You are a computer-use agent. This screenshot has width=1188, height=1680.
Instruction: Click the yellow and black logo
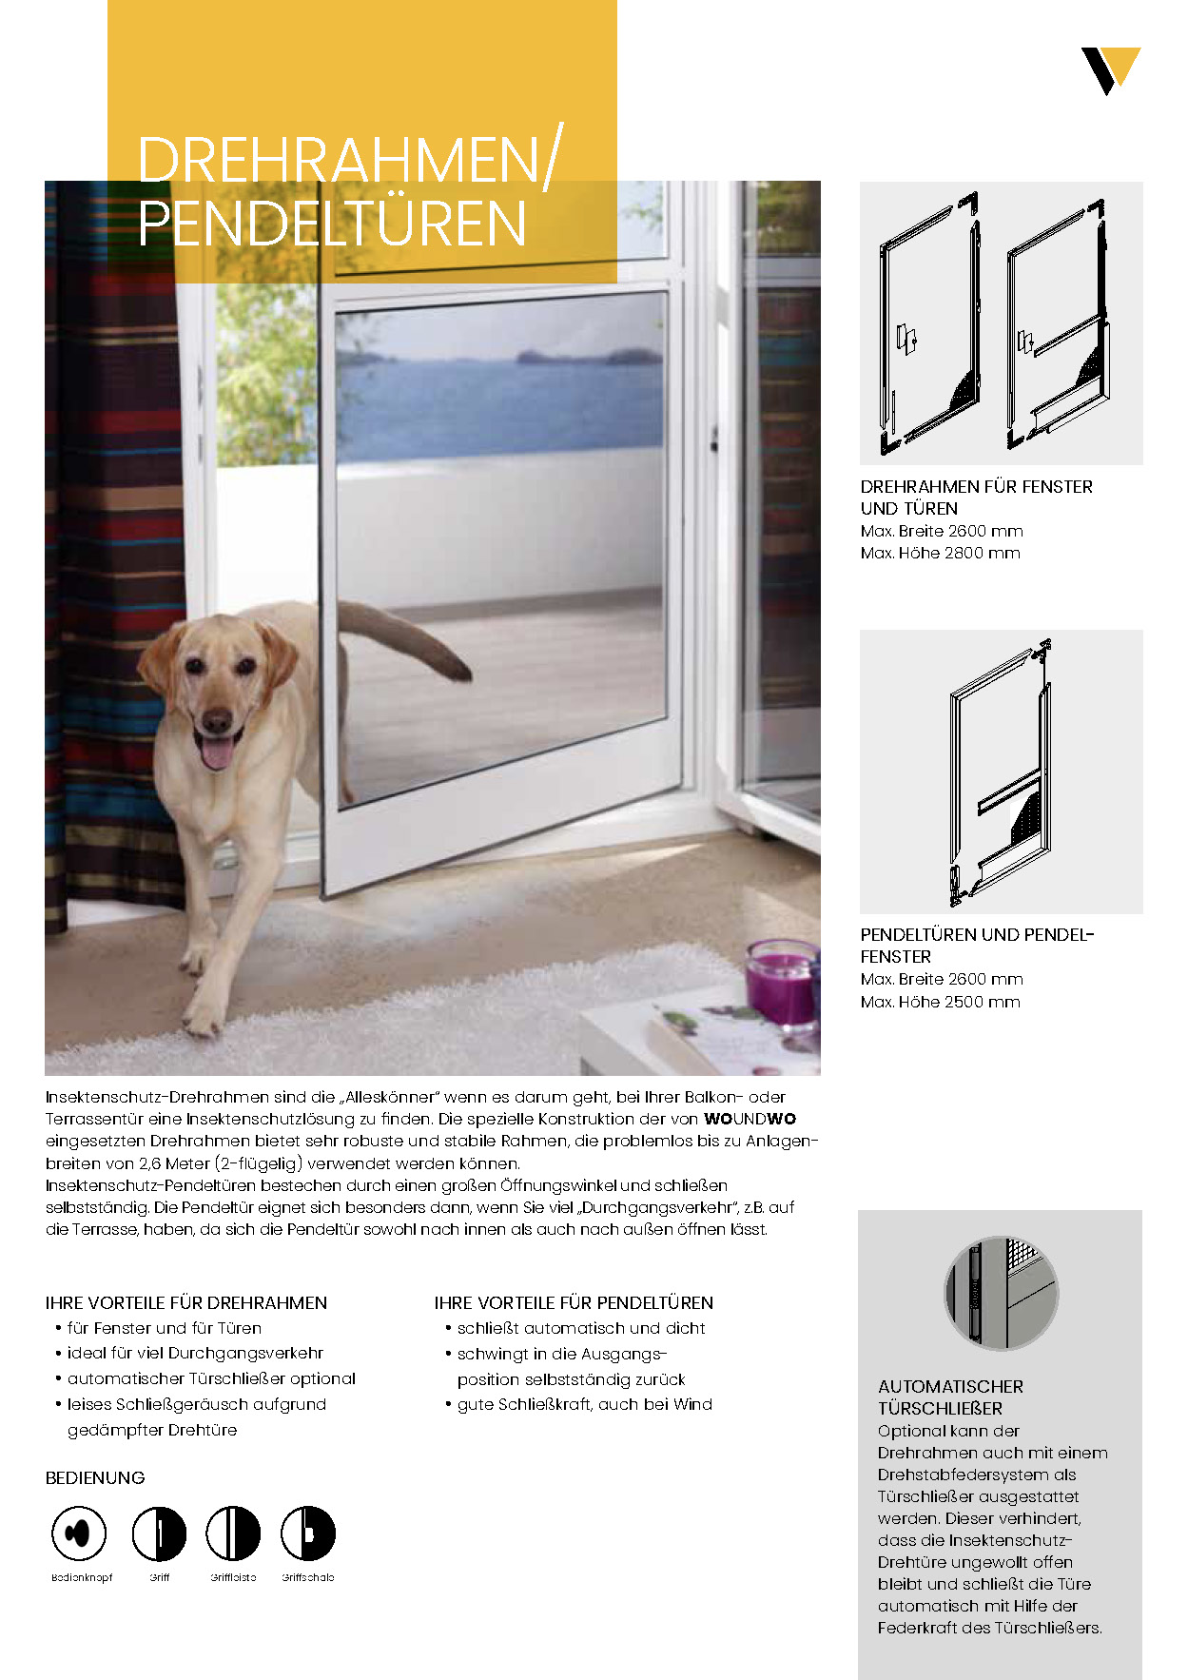pos(1110,70)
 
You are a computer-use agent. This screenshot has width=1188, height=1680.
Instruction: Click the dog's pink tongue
pos(217,752)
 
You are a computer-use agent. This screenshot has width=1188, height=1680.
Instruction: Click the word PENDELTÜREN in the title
pos(332,224)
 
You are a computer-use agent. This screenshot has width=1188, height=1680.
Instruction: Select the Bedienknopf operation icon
pos(78,1533)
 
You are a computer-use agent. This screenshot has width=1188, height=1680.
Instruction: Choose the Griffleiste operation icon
pos(233,1533)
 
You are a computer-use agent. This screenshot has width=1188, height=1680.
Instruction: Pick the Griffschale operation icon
pos(308,1533)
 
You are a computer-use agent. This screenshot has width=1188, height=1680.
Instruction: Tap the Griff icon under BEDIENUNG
pos(159,1533)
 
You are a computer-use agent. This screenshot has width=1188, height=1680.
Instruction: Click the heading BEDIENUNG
pos(95,1477)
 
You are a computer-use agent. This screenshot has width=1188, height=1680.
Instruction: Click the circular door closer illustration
pos(1001,1293)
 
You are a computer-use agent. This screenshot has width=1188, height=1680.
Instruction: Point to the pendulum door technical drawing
pos(1001,772)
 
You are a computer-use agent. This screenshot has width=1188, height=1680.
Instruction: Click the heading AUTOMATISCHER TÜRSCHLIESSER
pos(950,1397)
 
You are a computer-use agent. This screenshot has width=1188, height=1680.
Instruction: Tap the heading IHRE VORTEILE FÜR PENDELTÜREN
pos(574,1302)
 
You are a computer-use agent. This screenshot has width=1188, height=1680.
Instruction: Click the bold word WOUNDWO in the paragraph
pos(750,1119)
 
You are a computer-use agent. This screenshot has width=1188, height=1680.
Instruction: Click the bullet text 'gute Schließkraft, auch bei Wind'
pos(584,1404)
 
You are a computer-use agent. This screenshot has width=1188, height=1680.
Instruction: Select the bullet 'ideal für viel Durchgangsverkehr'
pos(195,1353)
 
